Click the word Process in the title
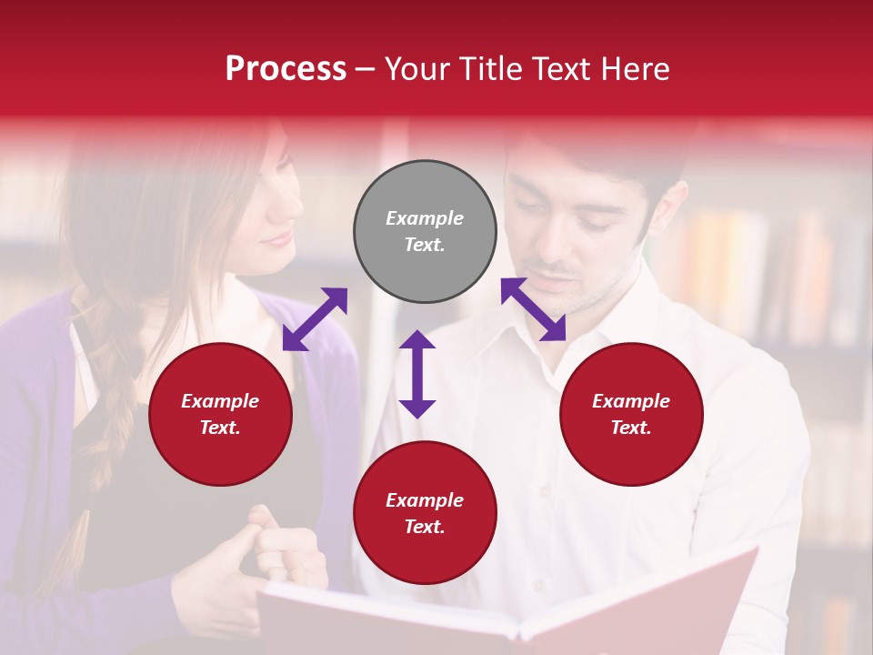tap(286, 69)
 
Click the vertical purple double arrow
tap(417, 374)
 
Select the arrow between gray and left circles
tap(315, 319)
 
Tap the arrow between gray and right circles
tap(534, 309)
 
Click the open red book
tap(509, 610)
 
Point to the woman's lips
tap(278, 239)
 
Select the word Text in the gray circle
tap(425, 245)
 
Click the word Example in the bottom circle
tap(425, 500)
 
